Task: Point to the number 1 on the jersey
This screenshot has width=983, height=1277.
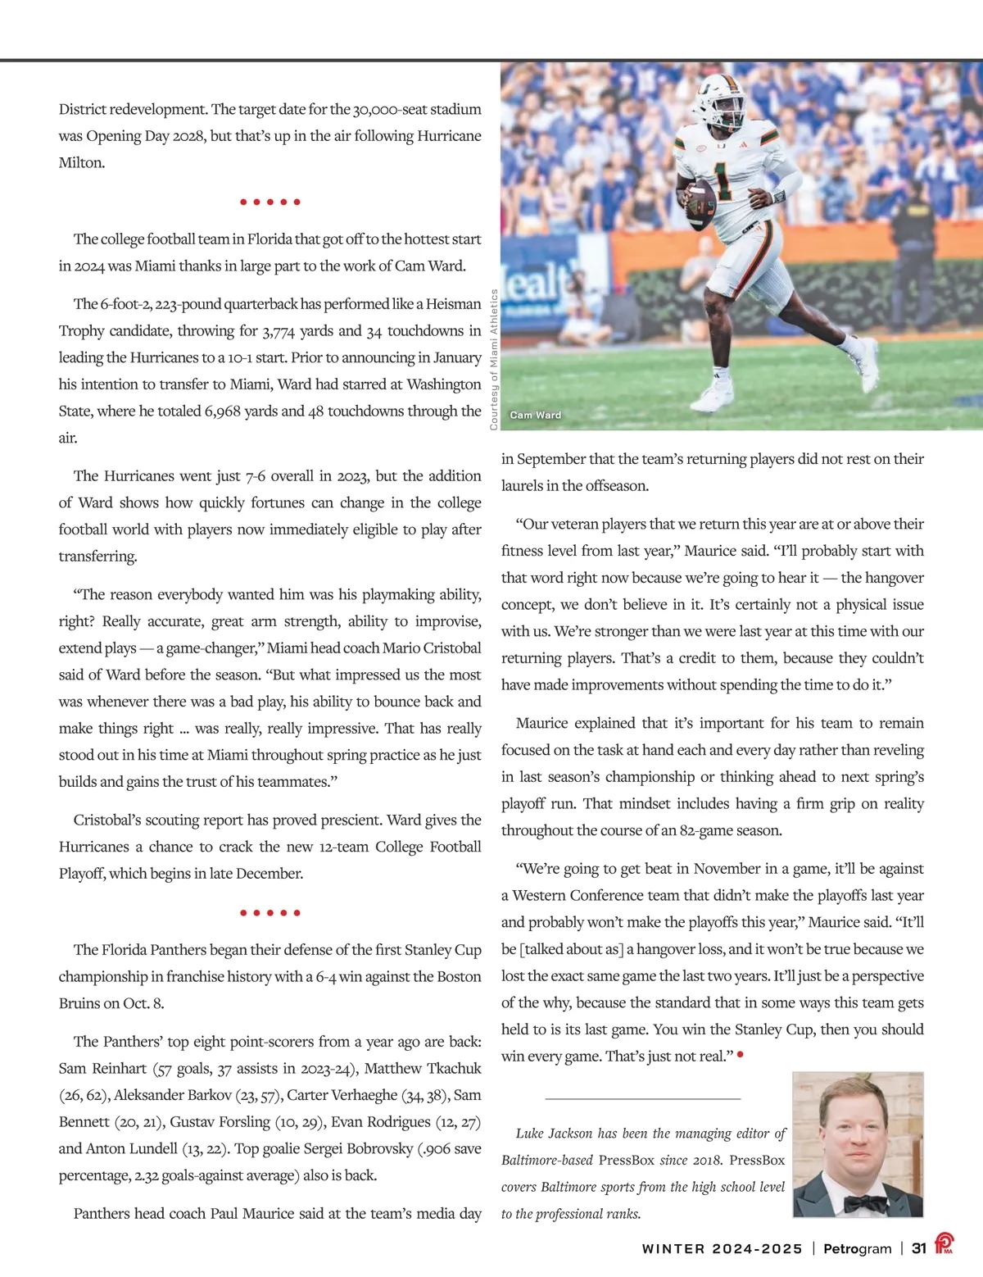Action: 723,180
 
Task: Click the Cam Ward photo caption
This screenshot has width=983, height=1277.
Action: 536,415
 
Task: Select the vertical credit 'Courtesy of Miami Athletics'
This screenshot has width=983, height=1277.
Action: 494,360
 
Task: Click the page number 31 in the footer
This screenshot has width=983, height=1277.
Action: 919,1248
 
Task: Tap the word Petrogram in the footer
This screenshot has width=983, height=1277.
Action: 857,1248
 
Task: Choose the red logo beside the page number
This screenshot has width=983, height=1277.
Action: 944,1246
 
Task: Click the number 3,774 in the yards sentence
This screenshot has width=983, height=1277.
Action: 281,331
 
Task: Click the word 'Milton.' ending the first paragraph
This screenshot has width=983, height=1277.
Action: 82,163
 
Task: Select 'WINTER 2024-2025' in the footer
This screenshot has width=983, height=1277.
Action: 722,1248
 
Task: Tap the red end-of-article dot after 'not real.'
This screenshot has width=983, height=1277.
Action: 741,1055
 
